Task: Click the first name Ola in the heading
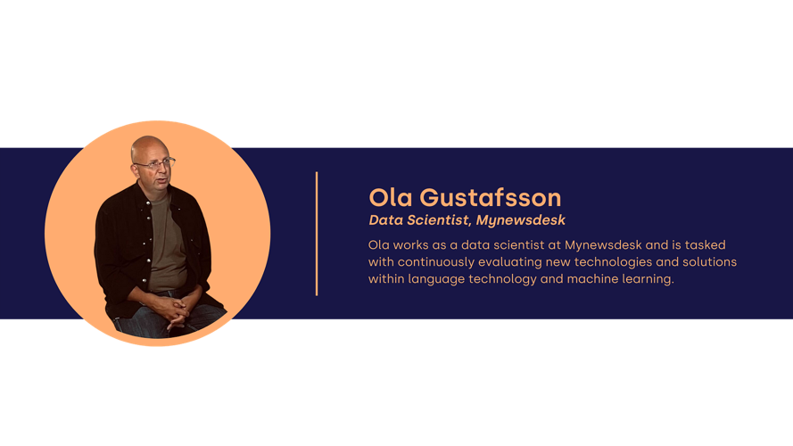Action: coord(391,197)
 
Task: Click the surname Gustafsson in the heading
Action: coord(490,197)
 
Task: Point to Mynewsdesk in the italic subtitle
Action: coord(520,220)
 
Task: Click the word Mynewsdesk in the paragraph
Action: coord(603,244)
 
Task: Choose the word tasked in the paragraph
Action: coord(705,244)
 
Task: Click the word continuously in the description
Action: coord(436,262)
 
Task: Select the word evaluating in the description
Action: coord(510,262)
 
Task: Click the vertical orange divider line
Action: coord(317,234)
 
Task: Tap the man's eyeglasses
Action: coord(154,164)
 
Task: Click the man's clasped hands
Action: coord(176,310)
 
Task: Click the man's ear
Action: coord(135,169)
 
